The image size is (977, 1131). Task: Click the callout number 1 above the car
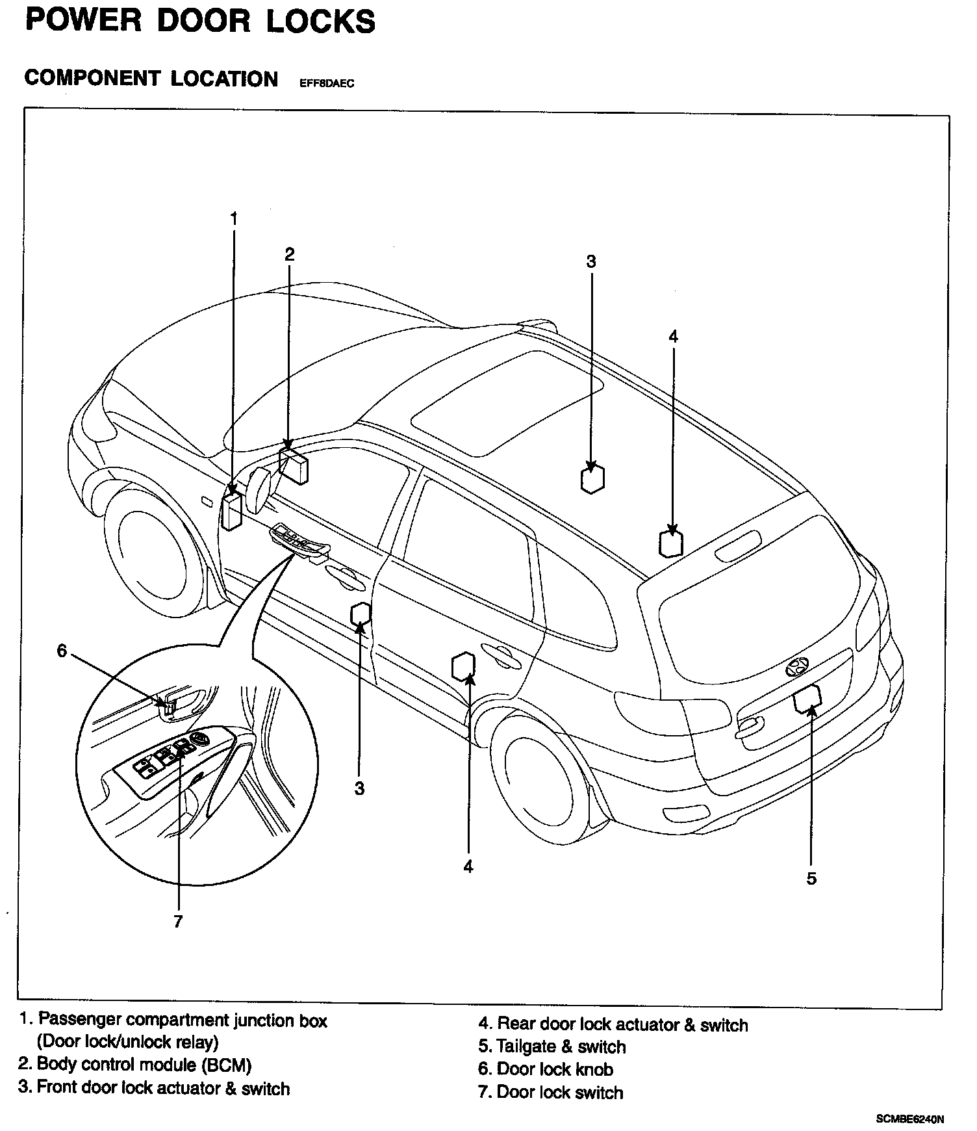[234, 218]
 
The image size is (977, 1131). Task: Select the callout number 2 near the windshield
[290, 253]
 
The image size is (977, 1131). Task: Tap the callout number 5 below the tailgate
[811, 878]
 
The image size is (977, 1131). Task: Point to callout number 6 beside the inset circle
[62, 650]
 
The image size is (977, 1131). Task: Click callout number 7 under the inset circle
[178, 921]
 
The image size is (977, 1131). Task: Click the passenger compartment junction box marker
[232, 511]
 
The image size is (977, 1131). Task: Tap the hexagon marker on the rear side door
[463, 666]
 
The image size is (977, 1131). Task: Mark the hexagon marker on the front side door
[361, 614]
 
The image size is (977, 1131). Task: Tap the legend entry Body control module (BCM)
[134, 1064]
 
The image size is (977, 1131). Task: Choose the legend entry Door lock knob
[546, 1069]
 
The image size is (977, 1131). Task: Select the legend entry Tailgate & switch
[552, 1046]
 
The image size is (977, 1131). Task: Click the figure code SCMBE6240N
[909, 1119]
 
